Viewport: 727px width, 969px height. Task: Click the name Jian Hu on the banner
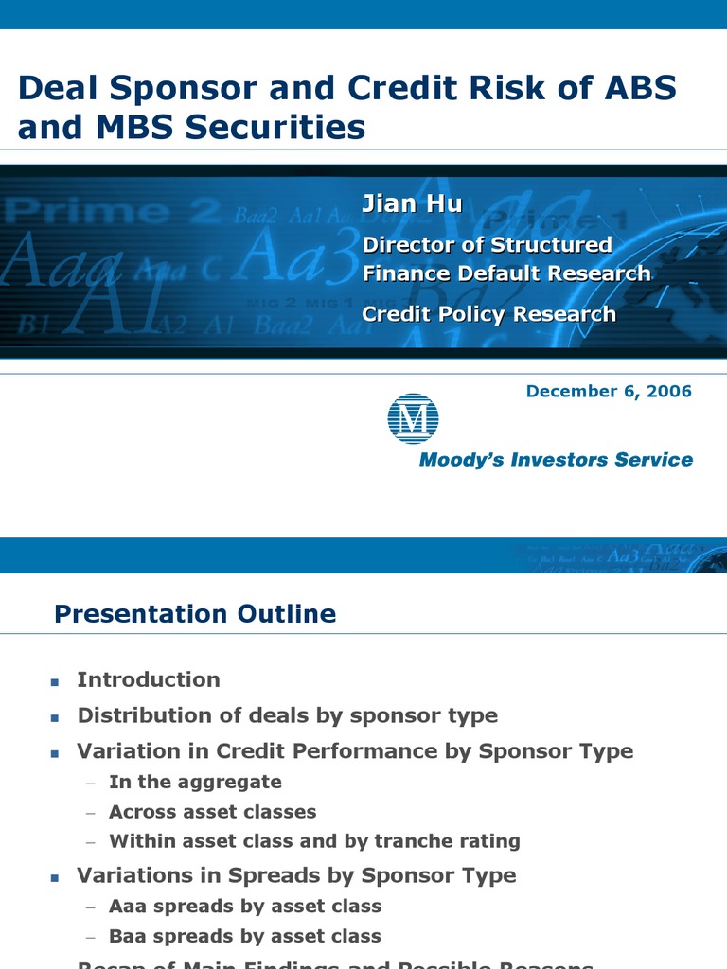tap(412, 203)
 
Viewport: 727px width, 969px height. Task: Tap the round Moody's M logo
tap(413, 417)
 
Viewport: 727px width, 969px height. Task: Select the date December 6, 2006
tap(609, 391)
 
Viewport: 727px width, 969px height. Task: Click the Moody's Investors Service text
tap(556, 460)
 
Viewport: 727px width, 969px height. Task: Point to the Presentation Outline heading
tap(195, 614)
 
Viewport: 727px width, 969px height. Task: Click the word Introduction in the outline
tap(149, 679)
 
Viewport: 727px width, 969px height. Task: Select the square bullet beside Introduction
tap(55, 681)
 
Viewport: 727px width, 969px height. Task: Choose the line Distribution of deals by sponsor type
tap(287, 715)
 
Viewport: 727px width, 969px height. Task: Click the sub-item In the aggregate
tap(195, 782)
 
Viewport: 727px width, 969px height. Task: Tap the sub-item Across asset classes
tap(212, 812)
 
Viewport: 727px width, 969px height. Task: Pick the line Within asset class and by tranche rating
tap(314, 841)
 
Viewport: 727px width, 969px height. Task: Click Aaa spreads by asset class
tap(244, 907)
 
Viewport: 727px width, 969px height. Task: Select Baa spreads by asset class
tap(244, 937)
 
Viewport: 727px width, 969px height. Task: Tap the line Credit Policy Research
tap(488, 314)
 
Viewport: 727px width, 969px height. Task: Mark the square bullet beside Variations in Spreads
tap(55, 877)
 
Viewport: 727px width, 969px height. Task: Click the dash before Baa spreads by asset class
tap(90, 938)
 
